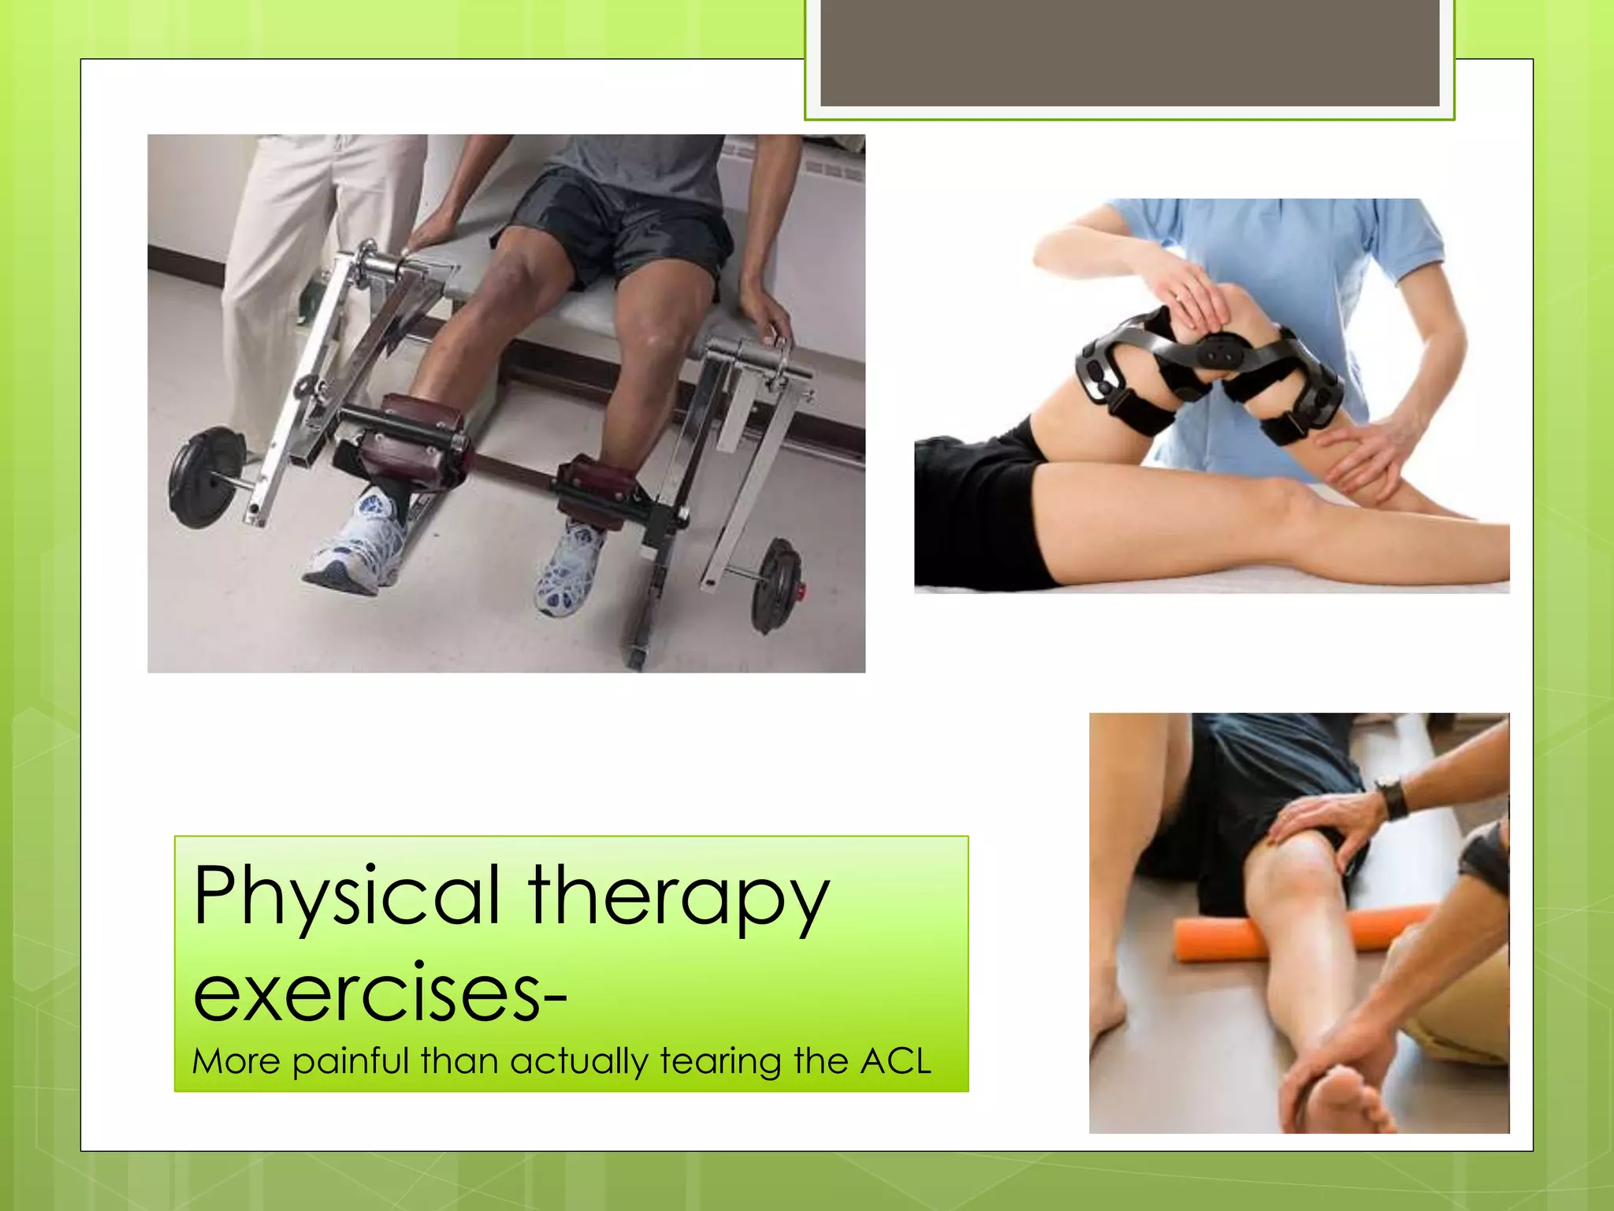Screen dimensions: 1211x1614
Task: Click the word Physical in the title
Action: [347, 896]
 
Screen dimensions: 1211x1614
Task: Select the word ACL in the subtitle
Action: [895, 1061]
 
